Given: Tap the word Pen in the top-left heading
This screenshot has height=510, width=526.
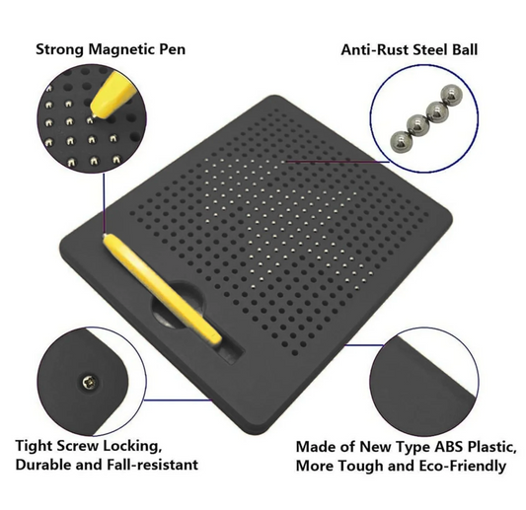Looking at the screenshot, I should coord(170,48).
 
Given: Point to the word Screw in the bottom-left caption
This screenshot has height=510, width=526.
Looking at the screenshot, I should coord(82,445).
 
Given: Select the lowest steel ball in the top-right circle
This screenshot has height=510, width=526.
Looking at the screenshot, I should coord(398,140).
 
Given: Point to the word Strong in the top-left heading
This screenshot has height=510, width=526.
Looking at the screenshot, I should coord(56,48).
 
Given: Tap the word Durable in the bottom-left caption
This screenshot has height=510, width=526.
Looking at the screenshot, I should coord(43,464).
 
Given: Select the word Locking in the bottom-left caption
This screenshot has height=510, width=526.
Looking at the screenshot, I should coord(135,445).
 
